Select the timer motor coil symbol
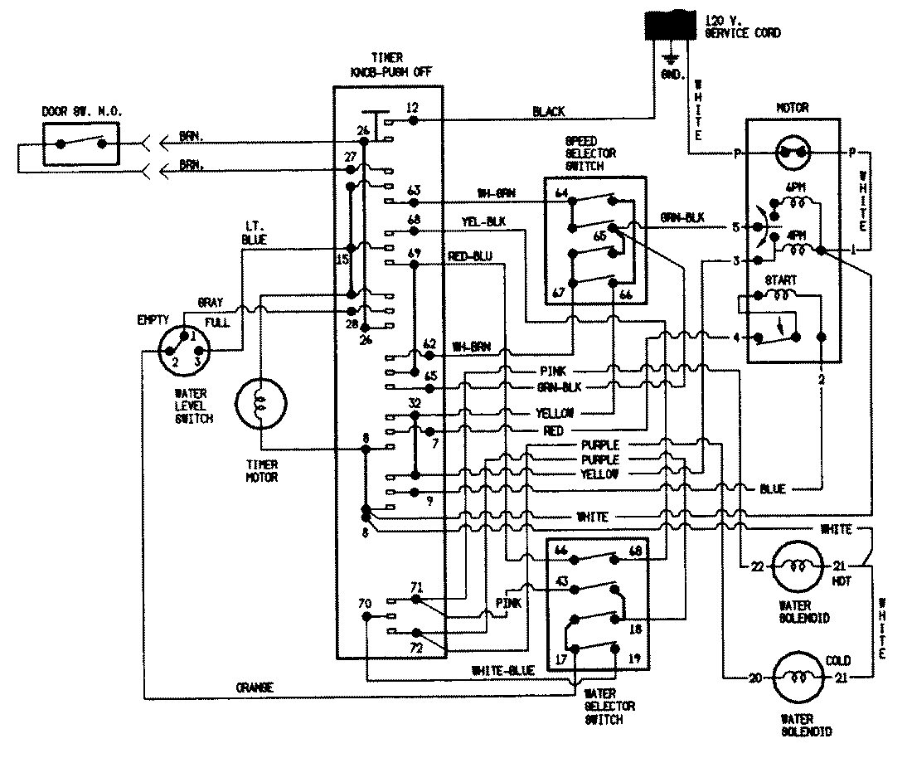(x=260, y=403)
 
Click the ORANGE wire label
(x=255, y=688)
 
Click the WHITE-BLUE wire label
(x=502, y=669)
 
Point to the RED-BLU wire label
(x=470, y=255)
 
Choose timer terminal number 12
(x=412, y=107)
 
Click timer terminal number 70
(x=364, y=603)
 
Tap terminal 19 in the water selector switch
(x=634, y=660)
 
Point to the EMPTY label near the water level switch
(x=154, y=318)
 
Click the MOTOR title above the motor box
(x=792, y=108)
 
